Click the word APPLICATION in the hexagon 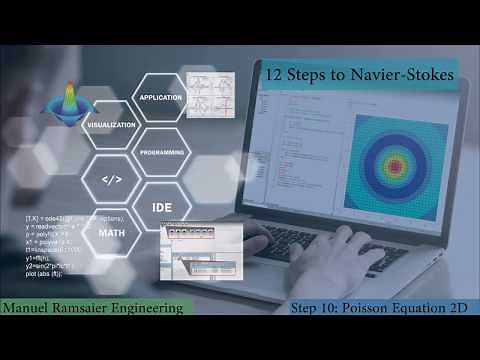tap(160, 98)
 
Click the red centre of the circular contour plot tap(403, 167)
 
